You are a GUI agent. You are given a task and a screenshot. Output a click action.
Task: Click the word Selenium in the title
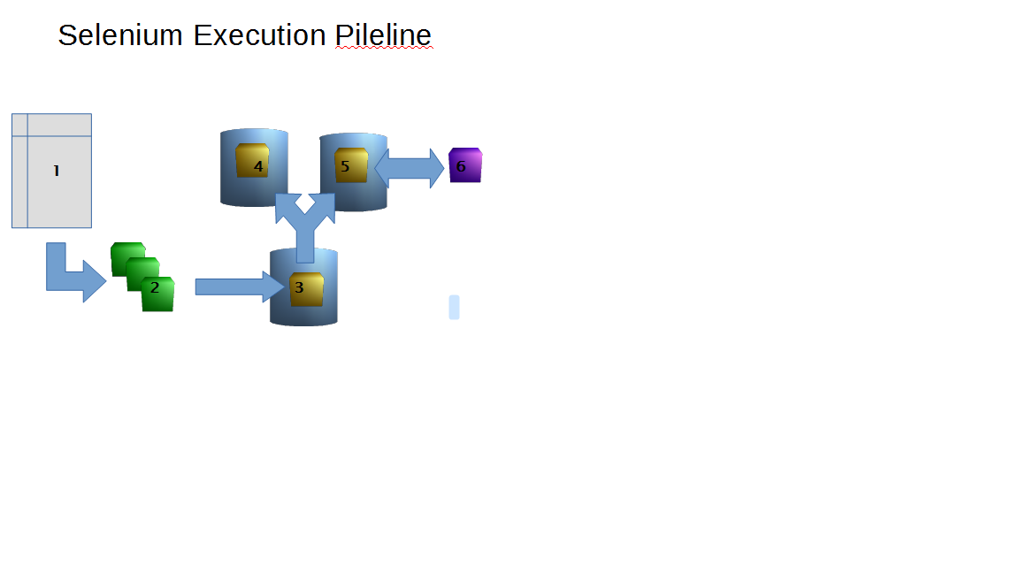point(121,35)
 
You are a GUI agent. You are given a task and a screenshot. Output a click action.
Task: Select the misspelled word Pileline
point(383,35)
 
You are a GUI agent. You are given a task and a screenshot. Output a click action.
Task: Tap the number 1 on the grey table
point(56,172)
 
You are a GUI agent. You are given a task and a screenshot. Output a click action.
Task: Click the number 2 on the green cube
point(155,287)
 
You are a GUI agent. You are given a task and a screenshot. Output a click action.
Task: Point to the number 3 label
point(299,287)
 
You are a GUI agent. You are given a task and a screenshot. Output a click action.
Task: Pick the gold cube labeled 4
point(252,161)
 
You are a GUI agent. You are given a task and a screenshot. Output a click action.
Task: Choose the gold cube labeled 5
point(351,165)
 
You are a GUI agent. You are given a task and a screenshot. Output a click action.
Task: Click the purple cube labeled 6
point(465,165)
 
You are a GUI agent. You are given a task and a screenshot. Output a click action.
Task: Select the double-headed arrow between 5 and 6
point(410,167)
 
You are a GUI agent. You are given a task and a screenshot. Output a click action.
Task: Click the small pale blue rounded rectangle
point(455,307)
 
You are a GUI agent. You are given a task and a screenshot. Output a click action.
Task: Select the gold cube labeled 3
point(307,289)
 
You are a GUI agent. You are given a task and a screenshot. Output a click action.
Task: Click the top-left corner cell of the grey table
point(19,125)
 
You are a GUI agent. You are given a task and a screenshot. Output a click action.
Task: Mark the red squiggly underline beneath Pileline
point(383,50)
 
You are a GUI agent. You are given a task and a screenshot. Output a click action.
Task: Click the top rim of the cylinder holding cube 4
point(254,133)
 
